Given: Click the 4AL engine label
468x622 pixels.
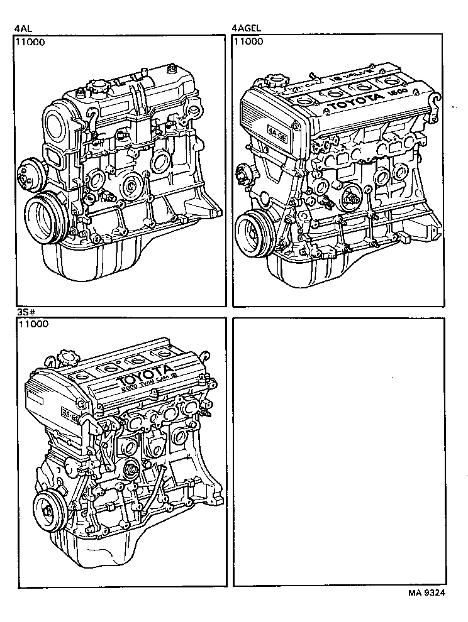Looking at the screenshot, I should pyautogui.click(x=23, y=28).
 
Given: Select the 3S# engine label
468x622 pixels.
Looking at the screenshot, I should pyautogui.click(x=23, y=312).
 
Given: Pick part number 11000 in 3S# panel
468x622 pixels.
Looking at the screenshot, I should pyautogui.click(x=31, y=325).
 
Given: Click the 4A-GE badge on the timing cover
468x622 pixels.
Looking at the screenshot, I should pyautogui.click(x=275, y=133).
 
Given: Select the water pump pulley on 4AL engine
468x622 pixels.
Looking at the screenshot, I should pyautogui.click(x=29, y=174).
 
